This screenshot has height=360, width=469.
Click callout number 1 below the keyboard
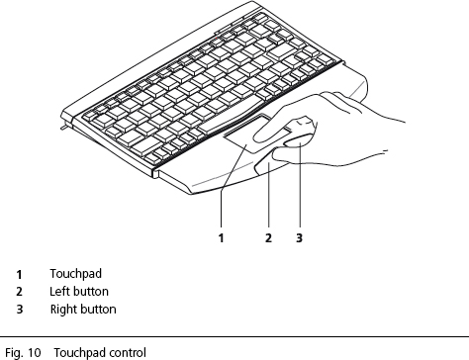click(221, 237)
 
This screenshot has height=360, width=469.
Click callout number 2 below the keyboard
click(268, 237)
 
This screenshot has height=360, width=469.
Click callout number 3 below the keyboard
click(299, 237)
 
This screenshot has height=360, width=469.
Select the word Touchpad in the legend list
click(76, 273)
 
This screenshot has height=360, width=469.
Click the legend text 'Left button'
click(79, 292)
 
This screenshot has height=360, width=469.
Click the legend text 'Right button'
click(83, 310)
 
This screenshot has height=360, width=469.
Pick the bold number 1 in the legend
click(19, 274)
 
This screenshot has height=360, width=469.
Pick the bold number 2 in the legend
click(19, 292)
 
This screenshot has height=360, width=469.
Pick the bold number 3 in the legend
click(19, 310)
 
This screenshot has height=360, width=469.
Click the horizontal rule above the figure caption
click(234, 337)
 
